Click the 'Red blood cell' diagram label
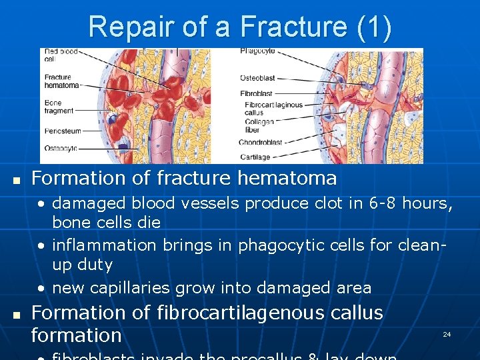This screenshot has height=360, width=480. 60,55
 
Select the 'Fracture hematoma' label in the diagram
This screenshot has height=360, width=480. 61,81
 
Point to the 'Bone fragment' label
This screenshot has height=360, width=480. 59,107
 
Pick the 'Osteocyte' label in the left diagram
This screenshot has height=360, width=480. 60,148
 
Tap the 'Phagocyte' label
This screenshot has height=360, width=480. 258,51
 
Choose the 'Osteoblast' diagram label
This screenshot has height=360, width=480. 257,78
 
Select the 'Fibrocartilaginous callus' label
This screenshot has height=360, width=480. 273,109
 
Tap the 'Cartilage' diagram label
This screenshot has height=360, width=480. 255,157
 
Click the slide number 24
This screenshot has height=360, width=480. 447,334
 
